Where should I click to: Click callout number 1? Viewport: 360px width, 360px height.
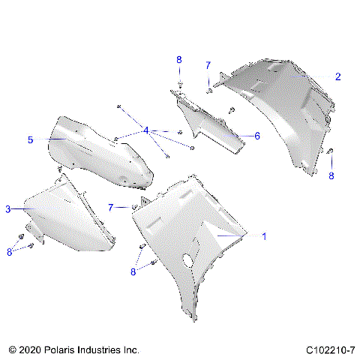coord(263,235)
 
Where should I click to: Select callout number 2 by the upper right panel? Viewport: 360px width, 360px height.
coord(337,77)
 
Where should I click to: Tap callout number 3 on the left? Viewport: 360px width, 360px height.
coord(8,209)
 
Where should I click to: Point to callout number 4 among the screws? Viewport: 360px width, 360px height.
coord(146,130)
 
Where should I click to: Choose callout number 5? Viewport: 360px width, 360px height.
coord(30,139)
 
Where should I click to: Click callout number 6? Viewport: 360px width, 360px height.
coord(256,136)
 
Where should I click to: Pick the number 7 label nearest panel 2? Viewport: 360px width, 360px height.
coord(208,65)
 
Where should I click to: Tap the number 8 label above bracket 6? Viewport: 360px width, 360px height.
coord(178,59)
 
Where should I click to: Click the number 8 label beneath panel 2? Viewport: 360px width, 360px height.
coord(331,176)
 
